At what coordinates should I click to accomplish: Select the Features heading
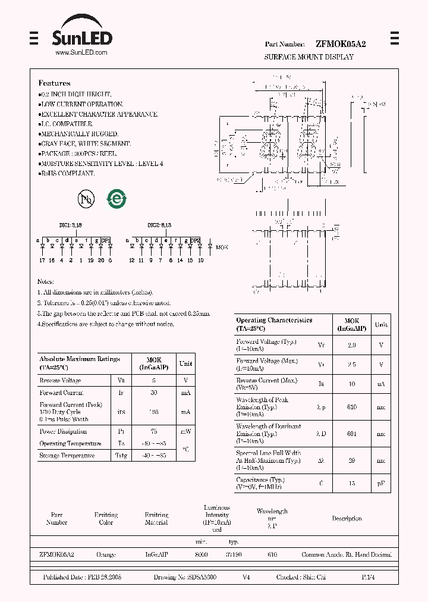click(55, 83)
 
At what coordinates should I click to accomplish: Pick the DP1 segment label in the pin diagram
click(106, 240)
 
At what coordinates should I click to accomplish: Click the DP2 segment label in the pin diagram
click(195, 240)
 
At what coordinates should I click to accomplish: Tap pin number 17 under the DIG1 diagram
click(42, 260)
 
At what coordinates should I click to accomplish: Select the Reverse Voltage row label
click(60, 381)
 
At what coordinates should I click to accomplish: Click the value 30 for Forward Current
click(154, 393)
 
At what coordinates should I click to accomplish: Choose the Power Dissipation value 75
click(154, 431)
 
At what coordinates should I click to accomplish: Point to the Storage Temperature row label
click(67, 456)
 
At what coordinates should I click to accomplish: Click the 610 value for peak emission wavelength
click(352, 407)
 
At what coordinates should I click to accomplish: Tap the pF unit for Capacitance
click(381, 484)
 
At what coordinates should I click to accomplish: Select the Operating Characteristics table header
click(274, 324)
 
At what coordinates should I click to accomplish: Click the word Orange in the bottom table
click(106, 554)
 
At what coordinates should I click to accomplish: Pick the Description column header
click(347, 519)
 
